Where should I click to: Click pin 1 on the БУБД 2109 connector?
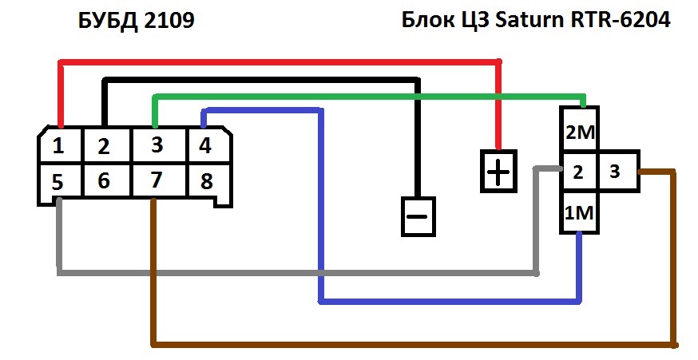[60, 145]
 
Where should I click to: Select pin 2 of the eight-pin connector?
[106, 145]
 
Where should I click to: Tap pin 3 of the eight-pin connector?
[159, 145]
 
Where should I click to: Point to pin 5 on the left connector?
[60, 180]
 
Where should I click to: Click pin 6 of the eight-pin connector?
[106, 180]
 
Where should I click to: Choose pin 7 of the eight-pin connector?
[159, 180]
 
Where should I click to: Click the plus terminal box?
[498, 172]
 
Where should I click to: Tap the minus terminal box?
[418, 216]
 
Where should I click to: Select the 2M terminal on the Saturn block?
[579, 130]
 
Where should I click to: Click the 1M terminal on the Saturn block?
[579, 212]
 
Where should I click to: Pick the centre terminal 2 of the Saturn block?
[579, 172]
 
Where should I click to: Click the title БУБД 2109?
[137, 21]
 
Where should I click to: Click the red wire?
[280, 61]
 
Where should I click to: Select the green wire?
[369, 96]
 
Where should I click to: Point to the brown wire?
[414, 344]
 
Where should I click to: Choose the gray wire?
[297, 272]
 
